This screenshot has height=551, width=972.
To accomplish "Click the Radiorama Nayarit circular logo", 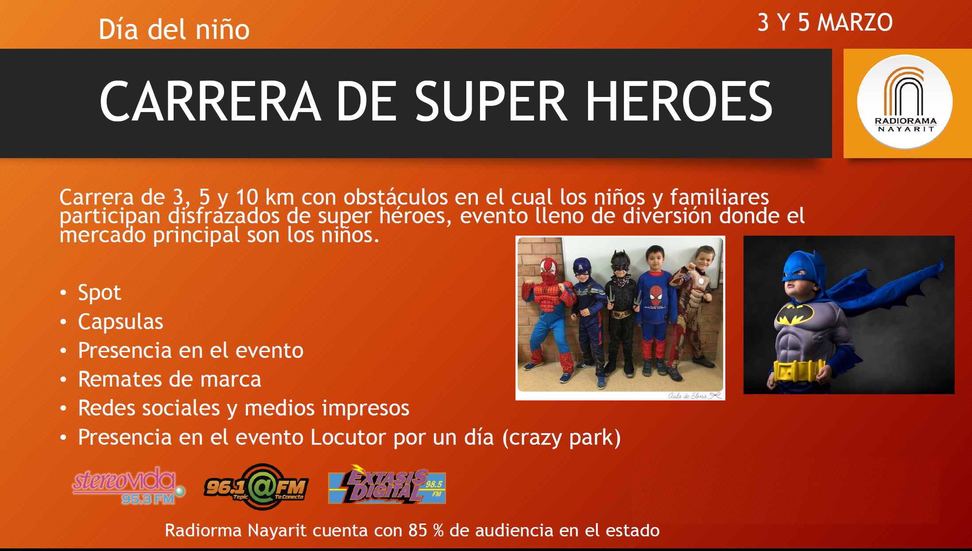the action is pyautogui.click(x=905, y=102).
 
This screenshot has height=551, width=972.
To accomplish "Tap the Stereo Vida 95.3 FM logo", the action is pyautogui.click(x=129, y=485).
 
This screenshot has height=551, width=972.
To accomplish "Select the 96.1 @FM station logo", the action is pyautogui.click(x=256, y=487).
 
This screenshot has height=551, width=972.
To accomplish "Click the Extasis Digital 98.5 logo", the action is pyautogui.click(x=387, y=485).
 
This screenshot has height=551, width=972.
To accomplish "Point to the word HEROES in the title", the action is pyautogui.click(x=679, y=101).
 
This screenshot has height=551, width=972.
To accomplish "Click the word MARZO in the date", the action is pyautogui.click(x=855, y=23).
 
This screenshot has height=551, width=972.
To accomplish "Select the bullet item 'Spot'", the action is pyautogui.click(x=100, y=293).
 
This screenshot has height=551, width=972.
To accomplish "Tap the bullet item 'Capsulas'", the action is pyautogui.click(x=120, y=322).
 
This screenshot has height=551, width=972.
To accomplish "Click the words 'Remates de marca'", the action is pyautogui.click(x=170, y=379).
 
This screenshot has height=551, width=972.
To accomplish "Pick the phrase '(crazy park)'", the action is pyautogui.click(x=562, y=438).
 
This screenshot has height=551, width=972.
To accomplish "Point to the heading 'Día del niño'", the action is pyautogui.click(x=174, y=30).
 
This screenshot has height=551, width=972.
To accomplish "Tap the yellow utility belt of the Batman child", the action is pyautogui.click(x=798, y=371).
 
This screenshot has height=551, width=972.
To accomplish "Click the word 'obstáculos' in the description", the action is pyautogui.click(x=395, y=197).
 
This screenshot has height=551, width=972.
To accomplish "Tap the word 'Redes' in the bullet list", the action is pyautogui.click(x=105, y=408).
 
